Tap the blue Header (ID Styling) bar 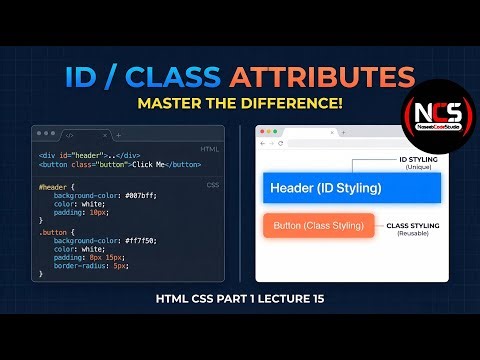pos(326,188)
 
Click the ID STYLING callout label pos(417,158)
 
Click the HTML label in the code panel pos(210,148)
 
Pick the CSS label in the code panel pos(212,185)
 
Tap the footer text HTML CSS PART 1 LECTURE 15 pos(240,298)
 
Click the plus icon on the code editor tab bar pos(119,134)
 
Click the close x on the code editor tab pos(103,134)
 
